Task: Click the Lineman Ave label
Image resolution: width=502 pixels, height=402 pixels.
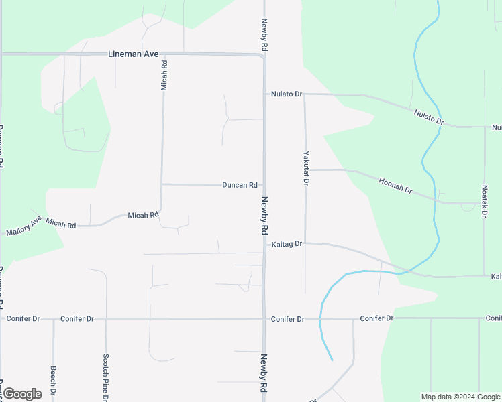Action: click(133, 54)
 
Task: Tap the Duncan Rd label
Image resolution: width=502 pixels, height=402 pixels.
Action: click(240, 185)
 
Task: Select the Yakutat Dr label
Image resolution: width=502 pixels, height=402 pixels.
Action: click(305, 167)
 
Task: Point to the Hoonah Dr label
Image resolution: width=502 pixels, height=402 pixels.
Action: click(395, 186)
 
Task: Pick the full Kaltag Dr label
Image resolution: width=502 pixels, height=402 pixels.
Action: click(287, 245)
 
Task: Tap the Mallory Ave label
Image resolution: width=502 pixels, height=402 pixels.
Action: click(23, 226)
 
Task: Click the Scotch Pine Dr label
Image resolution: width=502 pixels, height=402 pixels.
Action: click(105, 377)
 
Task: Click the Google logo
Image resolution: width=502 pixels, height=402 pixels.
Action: click(22, 394)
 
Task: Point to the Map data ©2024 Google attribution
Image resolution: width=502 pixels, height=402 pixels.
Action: click(461, 397)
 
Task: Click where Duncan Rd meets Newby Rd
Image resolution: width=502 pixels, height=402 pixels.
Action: click(264, 185)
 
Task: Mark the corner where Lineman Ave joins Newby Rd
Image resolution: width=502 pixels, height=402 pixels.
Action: click(264, 56)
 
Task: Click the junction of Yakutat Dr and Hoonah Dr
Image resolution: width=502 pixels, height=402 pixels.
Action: click(305, 170)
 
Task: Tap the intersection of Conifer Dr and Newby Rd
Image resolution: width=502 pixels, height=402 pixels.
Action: click(264, 319)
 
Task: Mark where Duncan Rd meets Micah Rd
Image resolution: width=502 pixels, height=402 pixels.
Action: click(162, 184)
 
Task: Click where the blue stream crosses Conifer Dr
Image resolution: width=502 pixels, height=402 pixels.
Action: click(321, 319)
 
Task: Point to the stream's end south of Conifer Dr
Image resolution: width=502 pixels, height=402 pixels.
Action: click(332, 360)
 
